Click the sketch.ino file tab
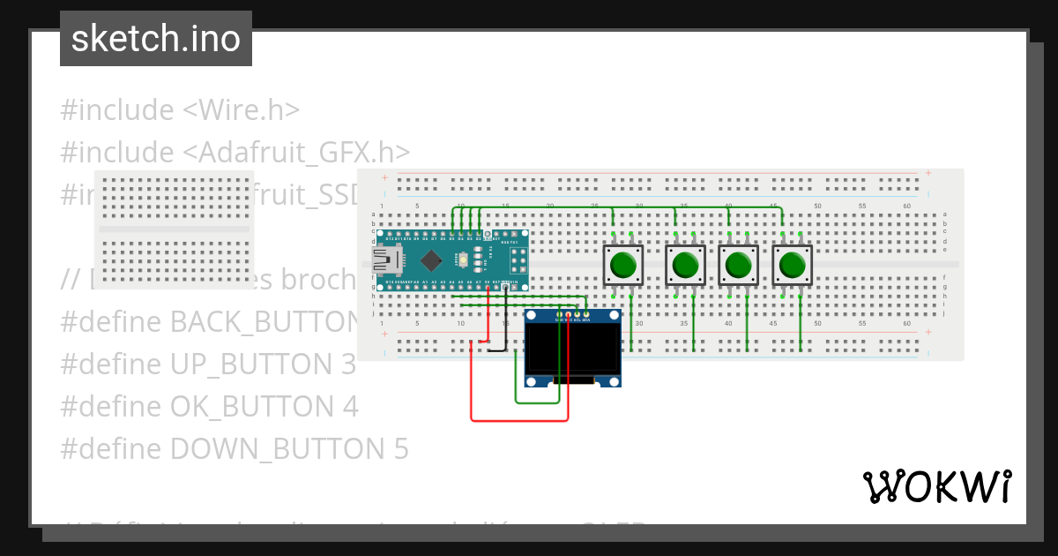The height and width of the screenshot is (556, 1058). pos(156,39)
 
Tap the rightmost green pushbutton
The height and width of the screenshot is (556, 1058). pos(793,265)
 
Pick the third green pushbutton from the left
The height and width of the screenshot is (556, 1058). pos(739,265)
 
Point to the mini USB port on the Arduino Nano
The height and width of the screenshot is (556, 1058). pos(384,260)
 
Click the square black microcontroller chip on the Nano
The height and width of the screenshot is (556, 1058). pos(431,260)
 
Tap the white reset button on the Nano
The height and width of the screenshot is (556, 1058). pos(463,260)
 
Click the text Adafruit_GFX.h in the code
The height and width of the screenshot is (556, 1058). pos(296,153)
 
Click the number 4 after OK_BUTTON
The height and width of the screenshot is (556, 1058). pos(349,407)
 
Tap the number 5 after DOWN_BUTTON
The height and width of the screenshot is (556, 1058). pos(399,449)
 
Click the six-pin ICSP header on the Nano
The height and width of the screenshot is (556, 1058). pos(518,260)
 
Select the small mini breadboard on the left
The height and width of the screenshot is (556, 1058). pos(174,229)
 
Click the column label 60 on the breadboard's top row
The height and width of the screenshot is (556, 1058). pos(907,206)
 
